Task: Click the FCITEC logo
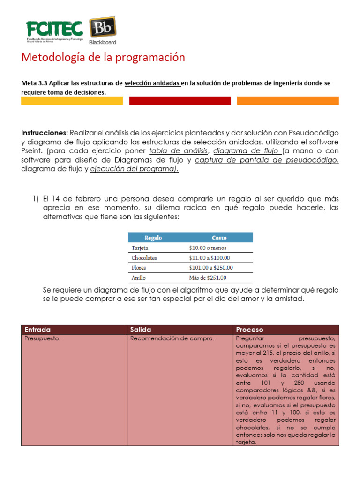[54, 31]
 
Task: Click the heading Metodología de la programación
[103, 57]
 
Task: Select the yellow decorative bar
[72, 100]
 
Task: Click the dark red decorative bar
[180, 100]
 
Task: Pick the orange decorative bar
[288, 100]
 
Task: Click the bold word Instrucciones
[45, 133]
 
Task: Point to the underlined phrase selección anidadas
[152, 83]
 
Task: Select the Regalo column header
[153, 238]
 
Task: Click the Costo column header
[219, 238]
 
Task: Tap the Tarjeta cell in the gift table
[139, 248]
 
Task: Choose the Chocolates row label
[144, 258]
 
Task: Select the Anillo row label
[138, 277]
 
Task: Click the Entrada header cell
[37, 330]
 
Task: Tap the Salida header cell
[141, 330]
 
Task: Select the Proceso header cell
[250, 330]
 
